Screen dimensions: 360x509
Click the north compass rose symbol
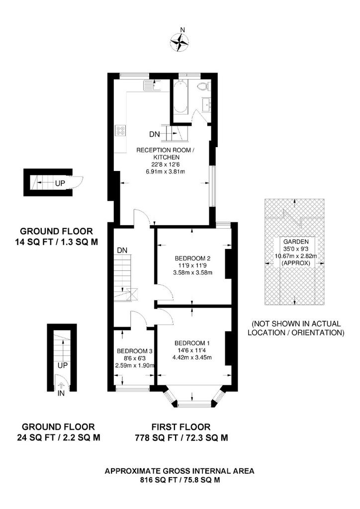click(180, 42)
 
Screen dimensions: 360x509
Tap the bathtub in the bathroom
click(180, 97)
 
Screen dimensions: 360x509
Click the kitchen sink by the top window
click(152, 85)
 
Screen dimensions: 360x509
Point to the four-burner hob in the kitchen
click(120, 130)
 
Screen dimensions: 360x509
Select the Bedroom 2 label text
click(192, 258)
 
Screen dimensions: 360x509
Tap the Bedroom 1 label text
click(192, 343)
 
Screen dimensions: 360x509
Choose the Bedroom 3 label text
click(134, 351)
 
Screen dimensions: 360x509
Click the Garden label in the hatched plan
click(296, 242)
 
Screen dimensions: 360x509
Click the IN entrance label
click(61, 394)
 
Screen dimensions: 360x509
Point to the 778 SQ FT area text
click(157, 438)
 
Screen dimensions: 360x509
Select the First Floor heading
click(181, 427)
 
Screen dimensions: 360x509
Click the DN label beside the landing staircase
click(122, 251)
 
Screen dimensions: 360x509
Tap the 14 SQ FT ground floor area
click(33, 242)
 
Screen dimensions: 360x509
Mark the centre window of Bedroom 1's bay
click(194, 404)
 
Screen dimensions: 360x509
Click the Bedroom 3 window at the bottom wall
click(133, 388)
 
